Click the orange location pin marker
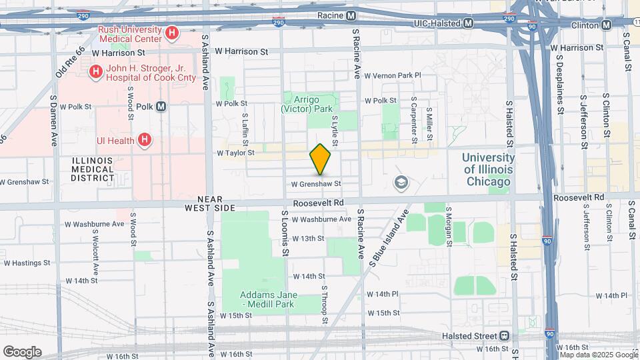321,159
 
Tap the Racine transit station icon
351,15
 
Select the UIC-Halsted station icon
469,23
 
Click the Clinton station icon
606,25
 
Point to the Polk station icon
161,107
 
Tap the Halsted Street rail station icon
505,335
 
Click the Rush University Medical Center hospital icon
172,33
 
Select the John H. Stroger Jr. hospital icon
96,71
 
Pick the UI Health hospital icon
143,140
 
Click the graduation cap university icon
401,182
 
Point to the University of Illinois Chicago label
489,169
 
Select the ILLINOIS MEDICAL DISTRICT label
93,169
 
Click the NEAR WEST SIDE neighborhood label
216,204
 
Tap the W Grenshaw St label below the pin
316,183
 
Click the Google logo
22,351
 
